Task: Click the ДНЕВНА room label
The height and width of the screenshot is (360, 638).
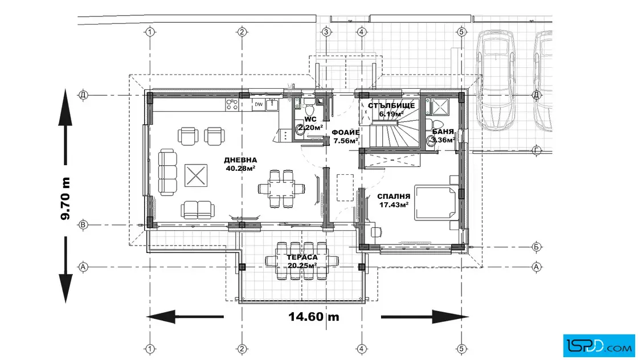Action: click(240, 160)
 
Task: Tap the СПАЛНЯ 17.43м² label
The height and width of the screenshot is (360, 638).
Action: click(394, 201)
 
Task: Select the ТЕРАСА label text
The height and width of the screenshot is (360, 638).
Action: click(302, 257)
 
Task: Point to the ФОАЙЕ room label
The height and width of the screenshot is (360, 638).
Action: click(345, 133)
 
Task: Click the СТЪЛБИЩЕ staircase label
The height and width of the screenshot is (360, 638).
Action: click(391, 106)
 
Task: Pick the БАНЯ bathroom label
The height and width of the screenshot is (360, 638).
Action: click(443, 132)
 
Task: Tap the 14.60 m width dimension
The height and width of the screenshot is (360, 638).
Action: click(314, 317)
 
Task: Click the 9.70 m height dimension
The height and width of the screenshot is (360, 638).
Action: click(65, 198)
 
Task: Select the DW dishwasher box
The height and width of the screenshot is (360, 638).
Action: click(259, 105)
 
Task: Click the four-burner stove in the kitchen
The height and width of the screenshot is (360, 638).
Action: click(232, 105)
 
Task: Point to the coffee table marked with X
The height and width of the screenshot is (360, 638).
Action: click(196, 175)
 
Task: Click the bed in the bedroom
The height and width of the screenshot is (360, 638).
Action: click(436, 203)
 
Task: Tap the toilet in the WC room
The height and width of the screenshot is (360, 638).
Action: click(309, 109)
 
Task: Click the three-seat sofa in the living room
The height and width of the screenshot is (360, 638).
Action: click(168, 172)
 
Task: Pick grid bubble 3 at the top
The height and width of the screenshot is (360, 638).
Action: click(326, 32)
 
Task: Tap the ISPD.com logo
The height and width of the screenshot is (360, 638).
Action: click(599, 346)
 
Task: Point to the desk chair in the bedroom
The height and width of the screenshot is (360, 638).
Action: click(377, 232)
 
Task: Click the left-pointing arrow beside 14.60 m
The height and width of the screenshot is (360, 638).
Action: click(185, 317)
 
